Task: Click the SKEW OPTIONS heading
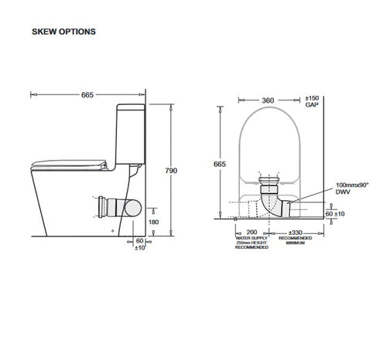[63, 32]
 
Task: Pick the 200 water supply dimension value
[251, 232]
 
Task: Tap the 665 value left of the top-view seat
[221, 165]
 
